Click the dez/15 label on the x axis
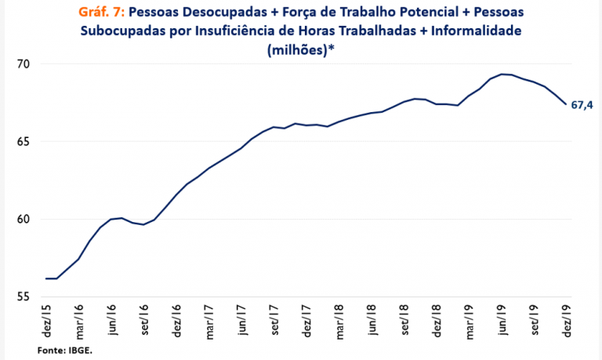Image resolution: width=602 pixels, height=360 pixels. tap(47, 319)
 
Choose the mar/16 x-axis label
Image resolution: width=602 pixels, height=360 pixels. tap(79, 320)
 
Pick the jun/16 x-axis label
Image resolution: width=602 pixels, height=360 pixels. tap(112, 319)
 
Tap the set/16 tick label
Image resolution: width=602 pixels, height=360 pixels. tap(144, 319)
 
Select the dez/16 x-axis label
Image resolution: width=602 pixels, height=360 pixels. tap(177, 319)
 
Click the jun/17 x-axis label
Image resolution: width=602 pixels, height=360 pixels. tap(242, 319)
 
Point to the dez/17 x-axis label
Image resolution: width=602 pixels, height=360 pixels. tap(307, 319)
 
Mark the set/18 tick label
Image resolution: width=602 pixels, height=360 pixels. tap(404, 319)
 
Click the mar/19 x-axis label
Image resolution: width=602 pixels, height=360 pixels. tap(470, 320)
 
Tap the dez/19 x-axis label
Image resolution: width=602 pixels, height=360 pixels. tap(568, 319)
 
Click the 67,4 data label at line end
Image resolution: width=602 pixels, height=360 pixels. tap(582, 105)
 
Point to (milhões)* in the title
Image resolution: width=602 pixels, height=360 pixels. tap(301, 49)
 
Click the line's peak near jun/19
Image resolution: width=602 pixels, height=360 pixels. tap(502, 74)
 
